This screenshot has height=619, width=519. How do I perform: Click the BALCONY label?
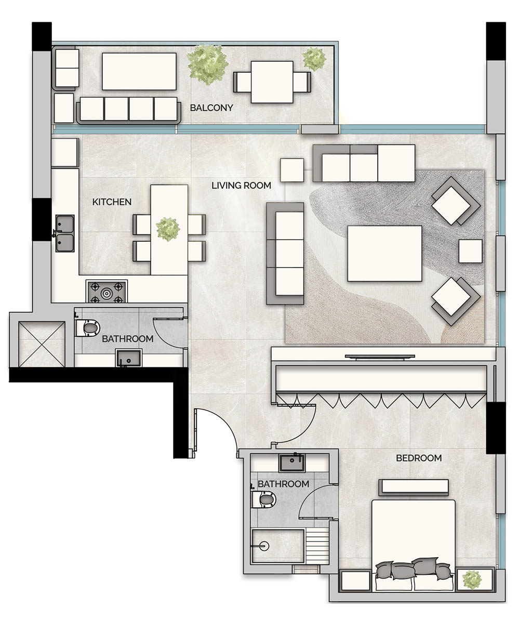tap(211, 108)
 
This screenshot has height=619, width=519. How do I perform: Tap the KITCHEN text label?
tap(112, 202)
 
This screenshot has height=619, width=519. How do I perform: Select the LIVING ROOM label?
tap(241, 185)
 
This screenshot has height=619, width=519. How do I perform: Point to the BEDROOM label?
tap(419, 458)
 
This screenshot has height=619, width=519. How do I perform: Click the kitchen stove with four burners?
tap(107, 293)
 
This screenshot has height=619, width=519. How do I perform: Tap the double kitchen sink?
tap(65, 233)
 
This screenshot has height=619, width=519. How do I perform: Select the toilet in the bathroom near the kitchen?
tap(88, 328)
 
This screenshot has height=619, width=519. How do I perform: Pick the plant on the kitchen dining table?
tap(168, 229)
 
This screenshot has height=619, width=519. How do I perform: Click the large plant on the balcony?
tap(208, 64)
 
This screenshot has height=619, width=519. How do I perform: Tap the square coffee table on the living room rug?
tap(384, 253)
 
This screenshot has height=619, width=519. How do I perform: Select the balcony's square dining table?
tap(272, 82)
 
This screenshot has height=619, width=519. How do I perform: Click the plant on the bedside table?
tap(472, 579)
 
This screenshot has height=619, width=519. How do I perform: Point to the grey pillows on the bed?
tap(414, 570)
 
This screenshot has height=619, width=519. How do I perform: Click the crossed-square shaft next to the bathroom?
tap(42, 344)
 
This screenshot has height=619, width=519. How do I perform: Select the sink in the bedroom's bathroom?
tap(295, 463)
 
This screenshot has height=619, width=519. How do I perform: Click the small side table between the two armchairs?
tap(470, 251)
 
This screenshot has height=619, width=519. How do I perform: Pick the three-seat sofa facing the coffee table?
tap(285, 253)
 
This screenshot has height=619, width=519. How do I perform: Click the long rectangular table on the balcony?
tap(139, 71)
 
